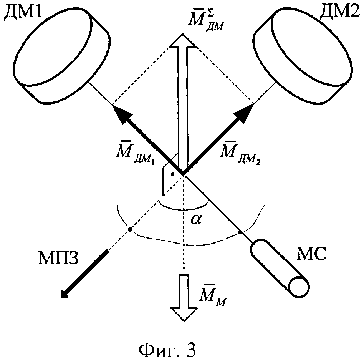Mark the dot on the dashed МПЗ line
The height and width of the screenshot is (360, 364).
point(130,230)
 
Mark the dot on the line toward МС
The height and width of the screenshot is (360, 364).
point(241,232)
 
